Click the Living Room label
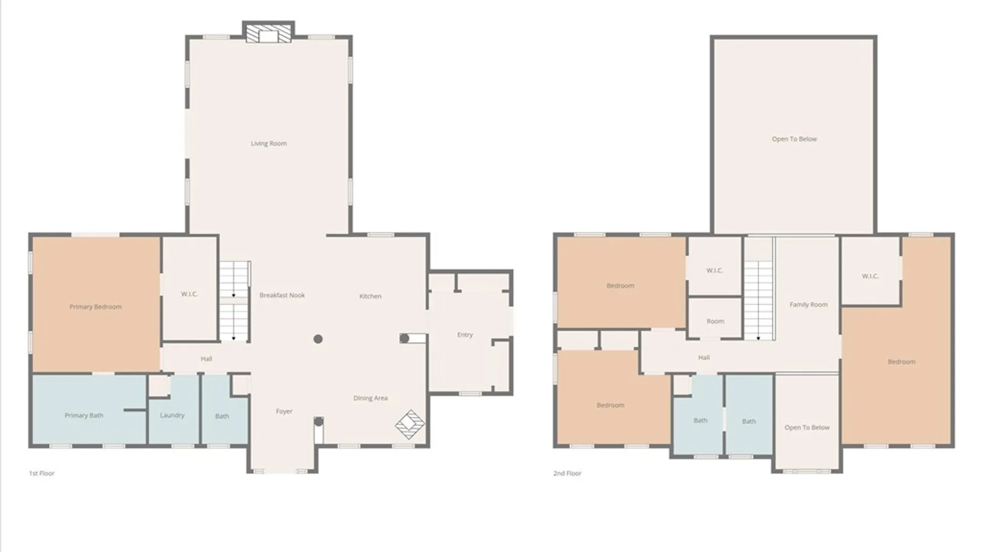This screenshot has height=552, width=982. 269,144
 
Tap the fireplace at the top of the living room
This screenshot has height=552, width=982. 268,33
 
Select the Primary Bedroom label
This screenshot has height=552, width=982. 96,307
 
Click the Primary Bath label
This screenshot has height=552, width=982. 84,416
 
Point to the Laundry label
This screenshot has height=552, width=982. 172,415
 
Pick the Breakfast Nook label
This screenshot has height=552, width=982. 282,295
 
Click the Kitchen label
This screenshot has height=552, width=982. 370,296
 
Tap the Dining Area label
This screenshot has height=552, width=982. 370,398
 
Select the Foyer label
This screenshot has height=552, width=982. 284,411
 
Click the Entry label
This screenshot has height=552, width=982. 465,335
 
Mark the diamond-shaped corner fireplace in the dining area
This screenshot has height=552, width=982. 410,424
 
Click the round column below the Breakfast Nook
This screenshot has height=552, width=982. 318,339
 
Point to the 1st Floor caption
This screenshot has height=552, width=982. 41,473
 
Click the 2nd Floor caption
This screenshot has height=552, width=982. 567,473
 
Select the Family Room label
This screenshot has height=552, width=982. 808,305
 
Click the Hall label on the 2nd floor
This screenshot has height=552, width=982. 704,358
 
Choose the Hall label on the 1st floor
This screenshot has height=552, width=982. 206,359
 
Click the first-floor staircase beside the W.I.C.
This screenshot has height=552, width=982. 234,301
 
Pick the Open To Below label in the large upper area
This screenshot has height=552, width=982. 794,139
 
